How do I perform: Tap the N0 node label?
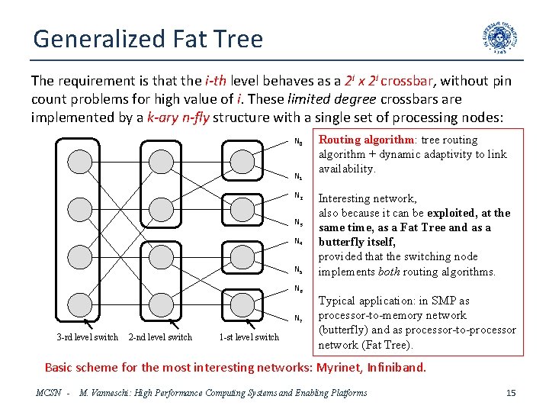298,142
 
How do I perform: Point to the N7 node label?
298,317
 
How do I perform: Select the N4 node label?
298,242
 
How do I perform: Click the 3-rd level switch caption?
87,337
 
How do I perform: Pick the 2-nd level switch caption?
160,337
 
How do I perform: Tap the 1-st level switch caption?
249,337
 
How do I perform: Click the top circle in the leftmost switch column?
79,160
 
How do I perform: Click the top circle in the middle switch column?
161,160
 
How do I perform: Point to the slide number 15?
511,393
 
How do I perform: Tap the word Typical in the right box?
336,301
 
